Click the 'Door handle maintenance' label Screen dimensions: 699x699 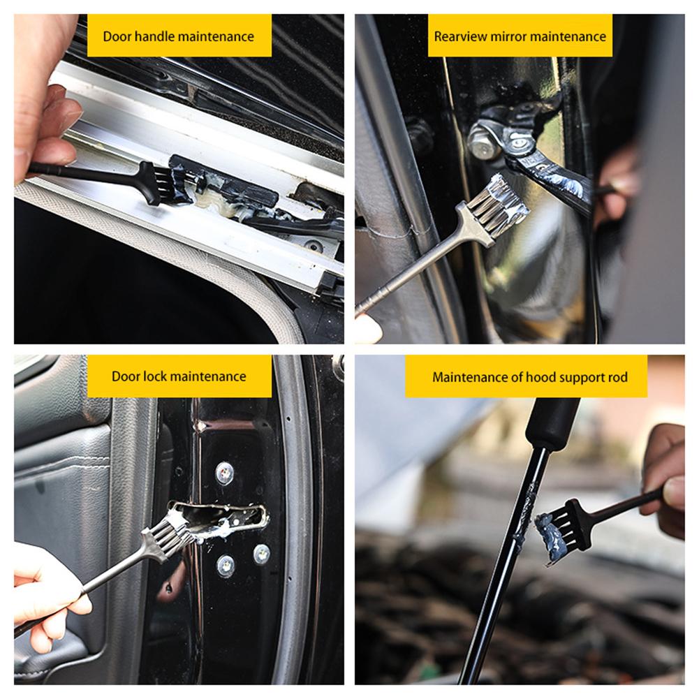point(178,36)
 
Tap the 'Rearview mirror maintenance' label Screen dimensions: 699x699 point(520,36)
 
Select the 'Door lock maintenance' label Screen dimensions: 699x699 point(179,376)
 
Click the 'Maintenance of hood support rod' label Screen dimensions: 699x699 point(530,378)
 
